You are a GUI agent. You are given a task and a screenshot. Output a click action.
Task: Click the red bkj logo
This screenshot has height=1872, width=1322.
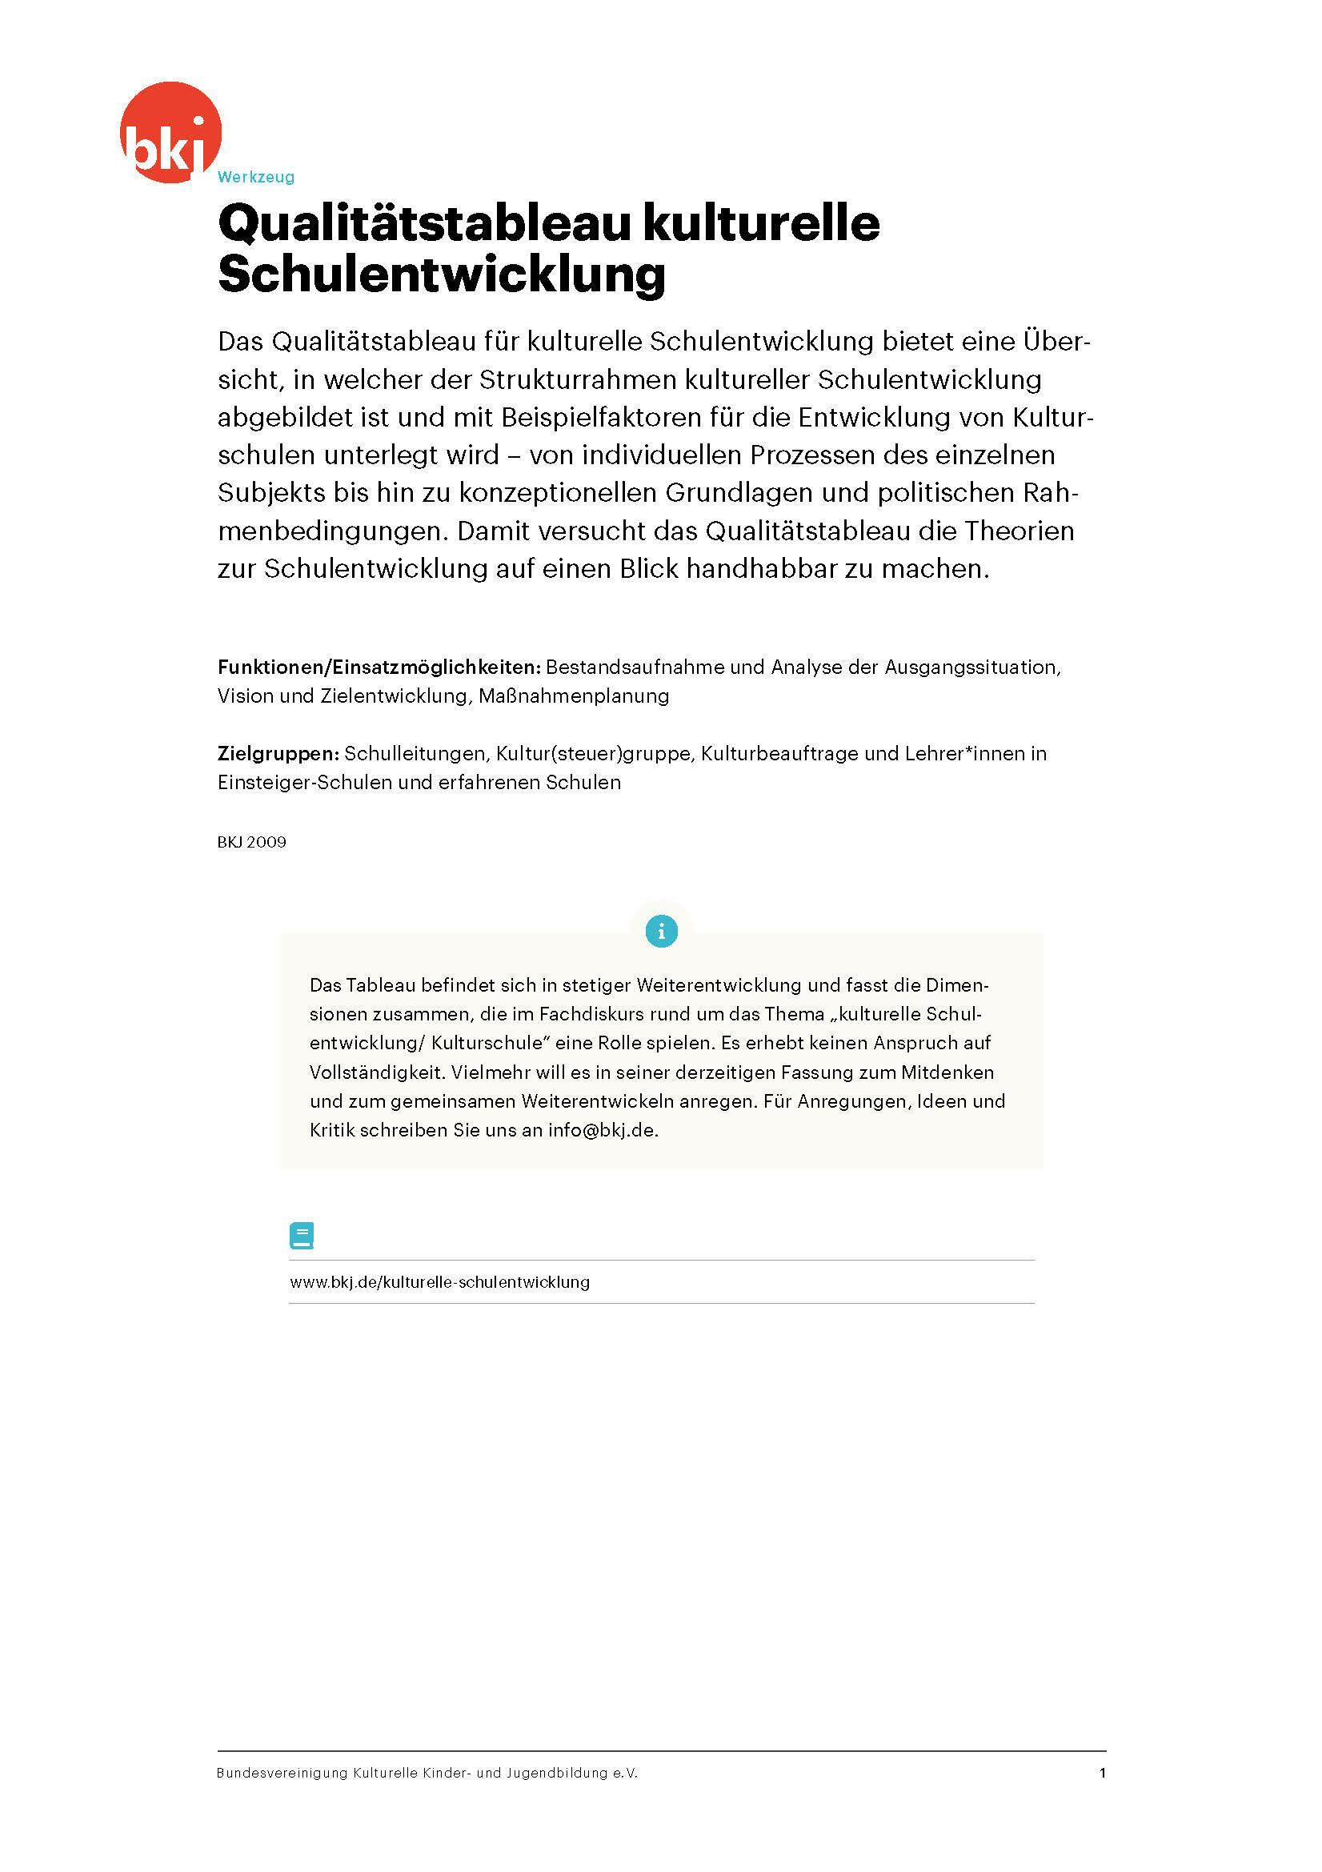(x=170, y=132)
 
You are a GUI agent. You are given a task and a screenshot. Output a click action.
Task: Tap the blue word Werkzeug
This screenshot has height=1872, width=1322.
(x=256, y=177)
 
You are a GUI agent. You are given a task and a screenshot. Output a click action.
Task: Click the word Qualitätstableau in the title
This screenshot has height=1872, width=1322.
(x=424, y=223)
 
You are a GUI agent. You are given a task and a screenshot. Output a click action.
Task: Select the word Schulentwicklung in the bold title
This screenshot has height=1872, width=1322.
(x=441, y=274)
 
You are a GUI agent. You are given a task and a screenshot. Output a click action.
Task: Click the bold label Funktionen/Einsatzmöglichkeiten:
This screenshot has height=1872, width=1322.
(x=379, y=667)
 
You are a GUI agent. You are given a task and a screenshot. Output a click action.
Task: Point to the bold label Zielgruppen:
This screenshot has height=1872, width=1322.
(x=278, y=753)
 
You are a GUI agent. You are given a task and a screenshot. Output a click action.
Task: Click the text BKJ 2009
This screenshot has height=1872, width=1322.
(x=251, y=842)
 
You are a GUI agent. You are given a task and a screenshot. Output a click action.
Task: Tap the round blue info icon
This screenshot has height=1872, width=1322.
(x=661, y=930)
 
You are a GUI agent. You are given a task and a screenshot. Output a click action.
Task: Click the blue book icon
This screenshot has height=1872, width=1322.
(x=302, y=1236)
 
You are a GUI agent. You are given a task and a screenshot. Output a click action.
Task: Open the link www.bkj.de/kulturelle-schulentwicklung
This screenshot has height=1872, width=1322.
(x=439, y=1281)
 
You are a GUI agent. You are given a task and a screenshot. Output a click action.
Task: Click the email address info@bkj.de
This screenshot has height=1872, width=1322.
(x=602, y=1130)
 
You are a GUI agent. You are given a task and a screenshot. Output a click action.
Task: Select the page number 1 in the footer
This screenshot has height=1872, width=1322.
(x=1103, y=1773)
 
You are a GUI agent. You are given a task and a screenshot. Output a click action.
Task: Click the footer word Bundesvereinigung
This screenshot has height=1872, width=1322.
(x=281, y=1773)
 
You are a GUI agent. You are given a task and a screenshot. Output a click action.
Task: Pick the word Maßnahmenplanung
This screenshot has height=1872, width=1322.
(x=574, y=696)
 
